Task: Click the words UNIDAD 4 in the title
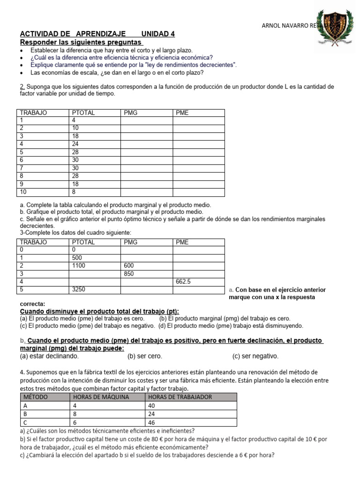coord(158,34)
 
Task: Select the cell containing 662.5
coord(183,282)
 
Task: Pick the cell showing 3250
coord(78,289)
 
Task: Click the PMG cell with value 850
coord(129,274)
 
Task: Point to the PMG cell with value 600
coord(129,265)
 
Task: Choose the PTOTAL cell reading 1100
coord(78,265)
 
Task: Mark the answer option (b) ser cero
coord(144,356)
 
